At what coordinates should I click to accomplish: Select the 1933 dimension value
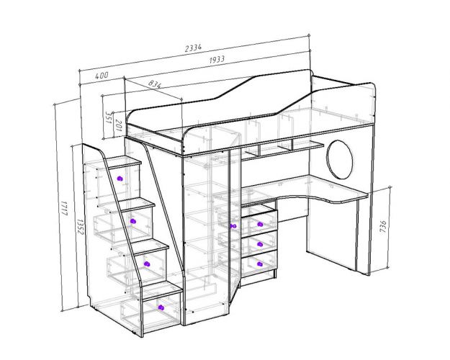click(217, 60)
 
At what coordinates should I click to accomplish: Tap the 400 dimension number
click(102, 76)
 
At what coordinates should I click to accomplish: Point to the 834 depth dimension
click(156, 84)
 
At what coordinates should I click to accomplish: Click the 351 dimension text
click(109, 117)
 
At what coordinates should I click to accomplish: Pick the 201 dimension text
click(118, 125)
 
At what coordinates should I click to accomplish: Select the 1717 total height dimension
click(64, 208)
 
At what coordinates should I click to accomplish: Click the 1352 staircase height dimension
click(81, 227)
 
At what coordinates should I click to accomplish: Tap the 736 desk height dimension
click(383, 227)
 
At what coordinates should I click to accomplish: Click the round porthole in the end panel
click(340, 159)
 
